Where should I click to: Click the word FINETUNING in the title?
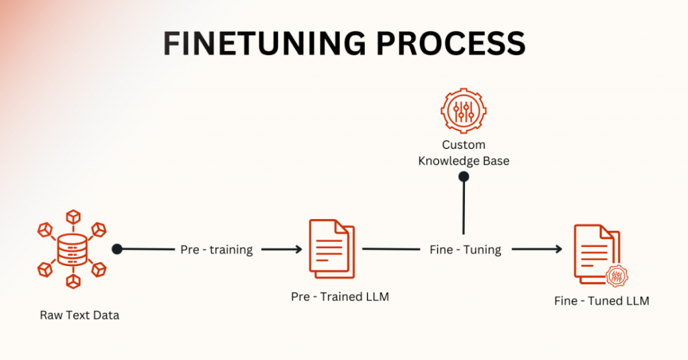point(264,44)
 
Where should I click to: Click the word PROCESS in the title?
point(451,44)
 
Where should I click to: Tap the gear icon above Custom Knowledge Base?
point(464,111)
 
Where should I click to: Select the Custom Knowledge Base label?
point(464,152)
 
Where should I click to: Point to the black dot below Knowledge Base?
point(464,177)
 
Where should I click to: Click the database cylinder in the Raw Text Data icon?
point(73,249)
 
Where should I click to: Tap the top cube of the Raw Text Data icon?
point(73,217)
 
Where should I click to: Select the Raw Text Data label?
point(79,315)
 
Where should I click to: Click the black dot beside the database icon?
point(117,249)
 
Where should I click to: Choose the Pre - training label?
point(217,249)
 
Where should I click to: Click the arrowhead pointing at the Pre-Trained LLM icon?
point(298,249)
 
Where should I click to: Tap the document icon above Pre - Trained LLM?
point(332,249)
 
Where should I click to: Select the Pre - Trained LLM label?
point(340,297)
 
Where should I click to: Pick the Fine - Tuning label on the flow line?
point(466,249)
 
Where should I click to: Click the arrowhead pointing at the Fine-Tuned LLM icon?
point(558,249)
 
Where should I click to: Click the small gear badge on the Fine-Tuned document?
point(617,276)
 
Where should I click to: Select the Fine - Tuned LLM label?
point(601,302)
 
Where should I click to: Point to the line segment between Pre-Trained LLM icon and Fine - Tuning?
point(391,249)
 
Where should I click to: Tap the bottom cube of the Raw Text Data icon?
point(73,282)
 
